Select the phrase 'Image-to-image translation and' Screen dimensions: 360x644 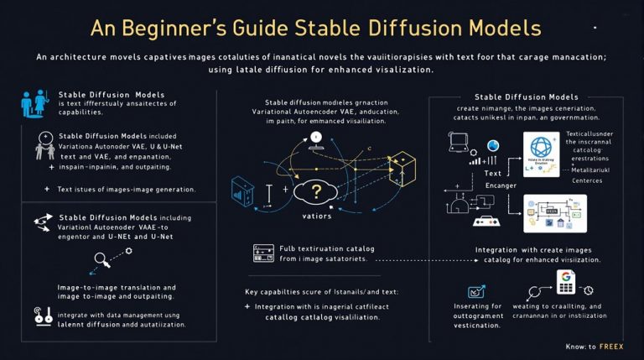[x=117, y=287]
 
